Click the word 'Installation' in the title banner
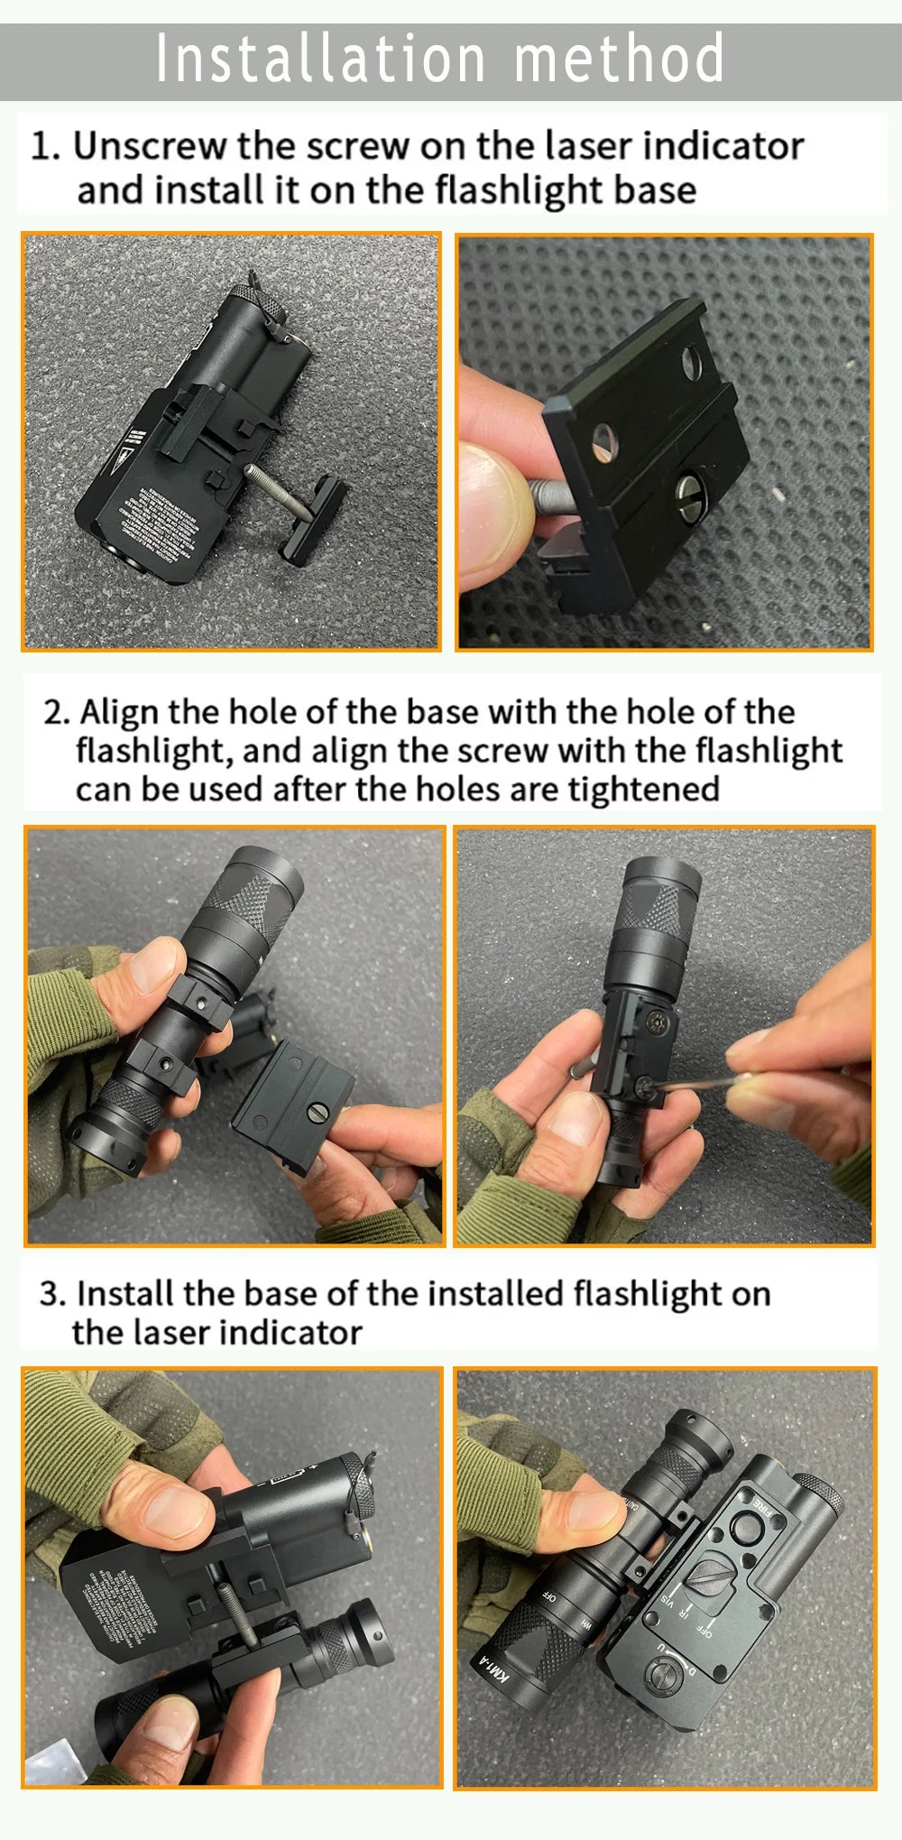click(320, 59)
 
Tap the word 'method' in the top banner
click(619, 59)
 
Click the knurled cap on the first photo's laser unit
click(258, 301)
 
